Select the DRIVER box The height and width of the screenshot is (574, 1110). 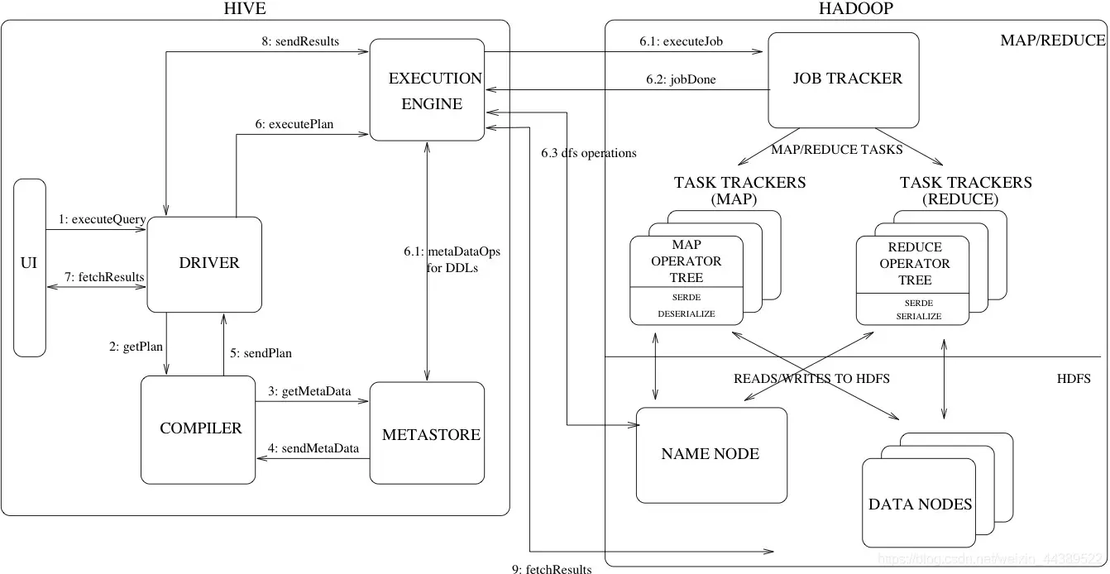pos(204,264)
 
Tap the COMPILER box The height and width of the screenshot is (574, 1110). pos(198,429)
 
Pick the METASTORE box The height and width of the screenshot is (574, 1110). pos(427,433)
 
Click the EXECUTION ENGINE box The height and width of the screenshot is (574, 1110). pos(427,91)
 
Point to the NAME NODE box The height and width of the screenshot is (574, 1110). pos(711,454)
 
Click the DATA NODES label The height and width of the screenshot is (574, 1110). pos(920,505)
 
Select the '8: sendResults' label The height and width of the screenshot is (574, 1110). pos(305,41)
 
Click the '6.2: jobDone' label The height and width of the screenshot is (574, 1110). pos(681,80)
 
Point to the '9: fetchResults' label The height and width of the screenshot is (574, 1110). pos(552,568)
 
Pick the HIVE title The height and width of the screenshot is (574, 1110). pos(246,9)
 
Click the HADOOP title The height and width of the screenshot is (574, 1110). pos(855,9)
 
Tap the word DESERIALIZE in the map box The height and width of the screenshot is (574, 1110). pos(686,314)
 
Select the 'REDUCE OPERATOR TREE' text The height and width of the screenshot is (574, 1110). pos(914,264)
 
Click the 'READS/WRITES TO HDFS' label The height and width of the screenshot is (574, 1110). pos(811,379)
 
